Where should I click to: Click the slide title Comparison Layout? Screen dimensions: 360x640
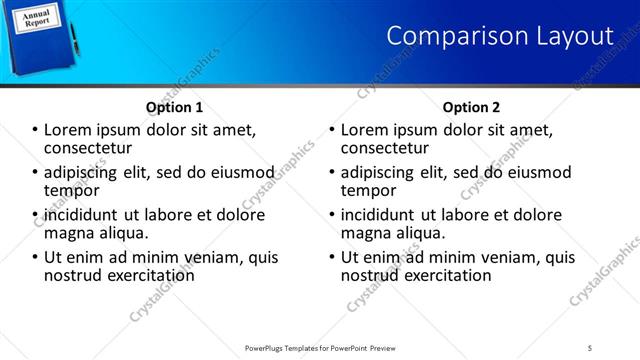pos(499,36)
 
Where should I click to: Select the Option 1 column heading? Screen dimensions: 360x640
pos(174,107)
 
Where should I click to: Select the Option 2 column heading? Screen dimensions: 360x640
pos(471,107)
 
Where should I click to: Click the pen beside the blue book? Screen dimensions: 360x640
pos(73,35)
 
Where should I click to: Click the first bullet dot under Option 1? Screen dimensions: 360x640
pos(34,130)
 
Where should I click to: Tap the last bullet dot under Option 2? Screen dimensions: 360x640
pos(332,258)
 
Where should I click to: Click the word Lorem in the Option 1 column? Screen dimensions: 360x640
pos(67,129)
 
